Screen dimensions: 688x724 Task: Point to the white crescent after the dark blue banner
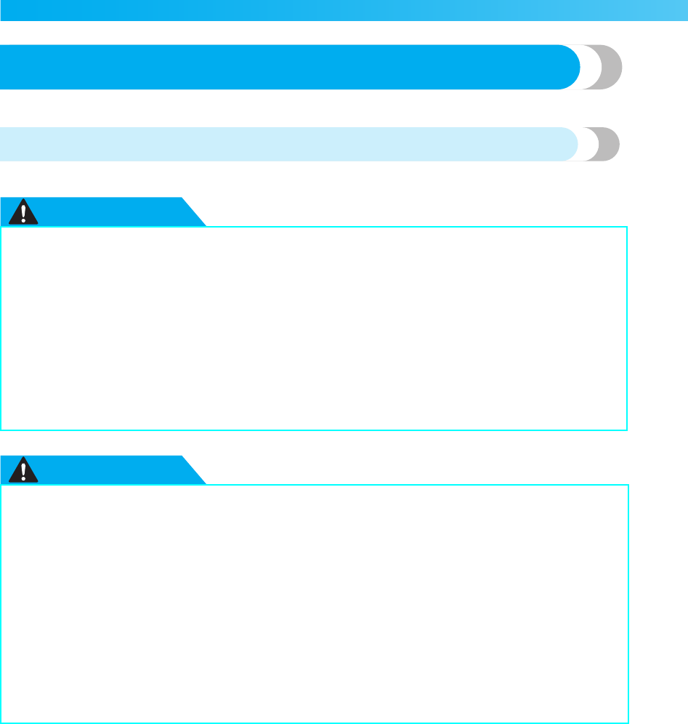point(590,67)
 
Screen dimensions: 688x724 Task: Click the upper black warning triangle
point(27,212)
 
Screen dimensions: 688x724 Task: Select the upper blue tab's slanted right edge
point(194,212)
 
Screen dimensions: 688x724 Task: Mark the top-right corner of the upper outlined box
point(626,227)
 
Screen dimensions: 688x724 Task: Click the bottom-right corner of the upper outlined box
point(626,430)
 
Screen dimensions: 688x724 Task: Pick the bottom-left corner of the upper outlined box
point(1,430)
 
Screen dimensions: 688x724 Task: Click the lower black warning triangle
point(27,471)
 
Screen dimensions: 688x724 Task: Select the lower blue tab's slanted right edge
point(194,471)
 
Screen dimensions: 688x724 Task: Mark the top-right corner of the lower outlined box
point(627,486)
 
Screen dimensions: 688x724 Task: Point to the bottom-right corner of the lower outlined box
point(627,722)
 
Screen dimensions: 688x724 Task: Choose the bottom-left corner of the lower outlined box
point(1,722)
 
